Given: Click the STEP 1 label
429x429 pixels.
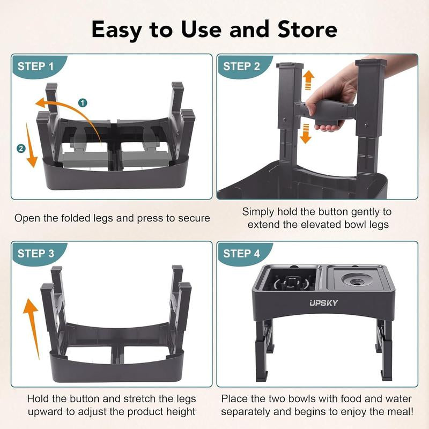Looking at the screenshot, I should [x=35, y=67].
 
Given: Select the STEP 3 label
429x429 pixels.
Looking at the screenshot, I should [x=35, y=254].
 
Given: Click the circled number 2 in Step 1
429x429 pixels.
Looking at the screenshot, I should [x=21, y=149].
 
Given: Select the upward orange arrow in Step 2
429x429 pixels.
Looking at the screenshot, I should [x=308, y=82].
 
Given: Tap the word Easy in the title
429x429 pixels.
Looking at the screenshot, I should [x=120, y=29].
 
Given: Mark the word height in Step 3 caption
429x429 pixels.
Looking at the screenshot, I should [x=180, y=413].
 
